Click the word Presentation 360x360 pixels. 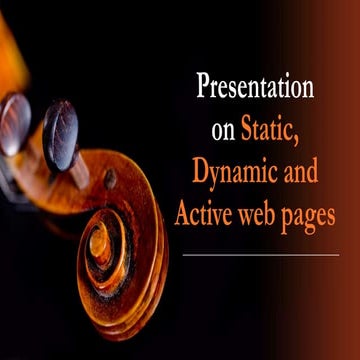click(254, 87)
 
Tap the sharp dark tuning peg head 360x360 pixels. click(60, 134)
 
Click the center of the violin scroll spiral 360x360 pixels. click(101, 243)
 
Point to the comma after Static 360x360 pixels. click(311, 136)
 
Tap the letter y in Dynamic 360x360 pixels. click(207, 176)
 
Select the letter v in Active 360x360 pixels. click(226, 215)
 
